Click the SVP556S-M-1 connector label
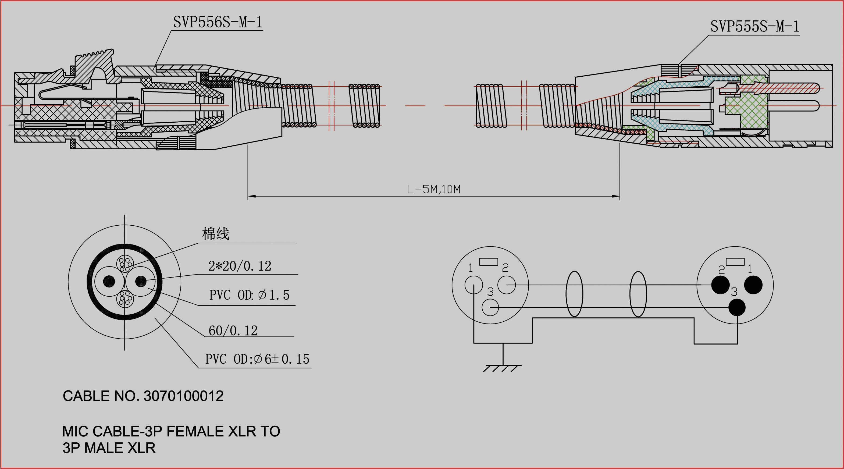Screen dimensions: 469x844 218,22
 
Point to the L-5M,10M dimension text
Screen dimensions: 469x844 433,189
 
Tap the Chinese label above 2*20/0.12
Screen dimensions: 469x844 216,234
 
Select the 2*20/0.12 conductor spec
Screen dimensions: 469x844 240,266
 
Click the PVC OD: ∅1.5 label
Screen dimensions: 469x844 249,295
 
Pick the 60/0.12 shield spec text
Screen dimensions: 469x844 233,330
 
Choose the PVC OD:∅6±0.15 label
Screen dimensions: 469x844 257,359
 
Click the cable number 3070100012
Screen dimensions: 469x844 183,396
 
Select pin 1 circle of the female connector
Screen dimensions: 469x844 473,285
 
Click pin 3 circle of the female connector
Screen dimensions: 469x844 490,307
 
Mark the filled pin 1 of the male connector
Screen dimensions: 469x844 753,285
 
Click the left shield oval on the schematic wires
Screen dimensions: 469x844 574,294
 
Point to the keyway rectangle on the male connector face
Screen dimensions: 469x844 735,262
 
